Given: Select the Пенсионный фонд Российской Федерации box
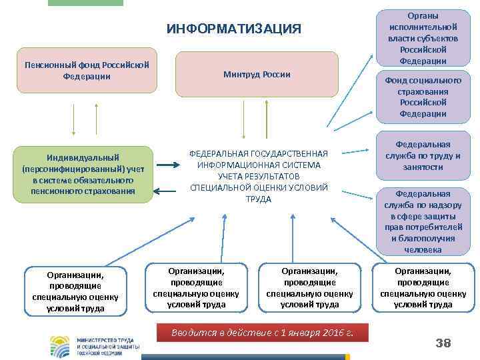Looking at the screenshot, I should pyautogui.click(x=86, y=70).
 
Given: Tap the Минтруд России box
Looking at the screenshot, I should pyautogui.click(x=257, y=74).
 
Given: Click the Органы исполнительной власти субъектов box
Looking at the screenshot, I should pyautogui.click(x=423, y=37).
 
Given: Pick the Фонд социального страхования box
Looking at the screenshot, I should pyautogui.click(x=423, y=97).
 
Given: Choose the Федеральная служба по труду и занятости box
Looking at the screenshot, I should pyautogui.click(x=423, y=155).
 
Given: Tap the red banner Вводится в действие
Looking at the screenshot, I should pyautogui.click(x=261, y=331).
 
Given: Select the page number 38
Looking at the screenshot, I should pyautogui.click(x=443, y=343).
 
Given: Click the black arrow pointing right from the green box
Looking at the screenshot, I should pyautogui.click(x=172, y=164).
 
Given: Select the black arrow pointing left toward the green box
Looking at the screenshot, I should pyautogui.click(x=172, y=195).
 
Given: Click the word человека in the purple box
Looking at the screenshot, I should pyautogui.click(x=423, y=250).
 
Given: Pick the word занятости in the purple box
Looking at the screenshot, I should pyautogui.click(x=423, y=167).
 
